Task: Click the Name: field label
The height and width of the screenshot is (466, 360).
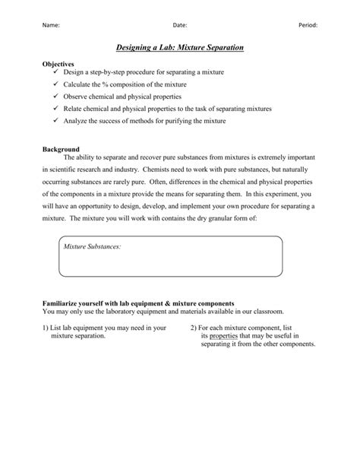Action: point(50,25)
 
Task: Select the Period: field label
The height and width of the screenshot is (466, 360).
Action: point(308,25)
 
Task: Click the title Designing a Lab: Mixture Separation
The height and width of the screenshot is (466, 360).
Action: point(180,48)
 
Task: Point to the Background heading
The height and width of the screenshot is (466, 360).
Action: point(62,149)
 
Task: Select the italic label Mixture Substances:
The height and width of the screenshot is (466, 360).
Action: point(92,247)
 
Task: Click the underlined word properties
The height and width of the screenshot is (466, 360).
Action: point(224,335)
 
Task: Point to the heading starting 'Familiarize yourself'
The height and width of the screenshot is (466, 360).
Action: point(137,303)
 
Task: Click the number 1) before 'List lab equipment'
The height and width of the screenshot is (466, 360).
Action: point(46,327)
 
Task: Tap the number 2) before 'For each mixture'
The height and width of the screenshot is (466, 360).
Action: point(193,327)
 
